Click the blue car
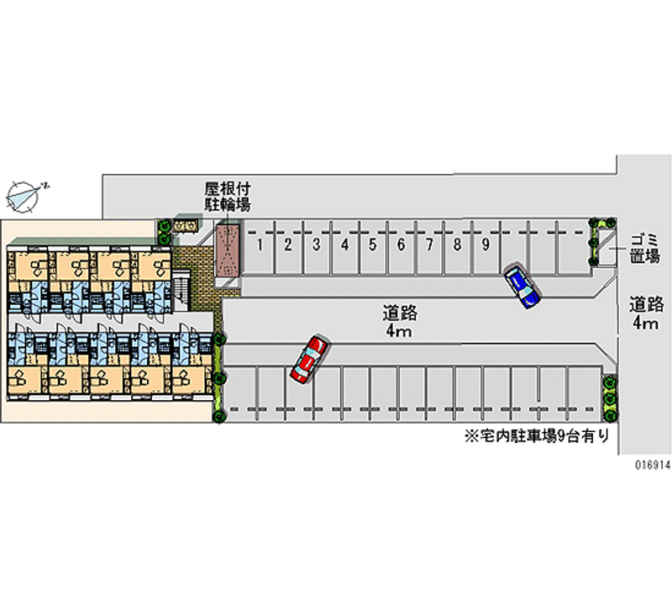(522, 286)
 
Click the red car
(308, 359)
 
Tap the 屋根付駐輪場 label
(228, 196)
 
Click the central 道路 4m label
(398, 322)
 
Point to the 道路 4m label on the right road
(646, 313)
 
